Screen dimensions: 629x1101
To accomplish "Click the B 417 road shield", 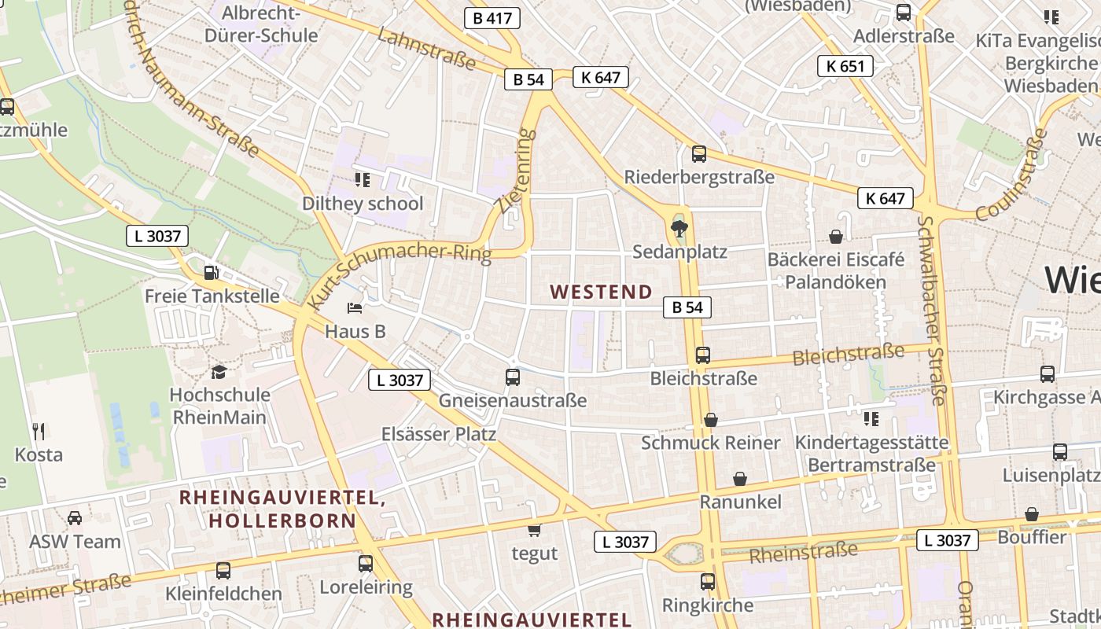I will [x=492, y=18].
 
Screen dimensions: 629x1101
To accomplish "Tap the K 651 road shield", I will [x=845, y=66].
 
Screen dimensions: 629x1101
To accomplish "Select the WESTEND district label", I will [x=602, y=292].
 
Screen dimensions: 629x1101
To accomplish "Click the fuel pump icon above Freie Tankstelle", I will [x=211, y=273].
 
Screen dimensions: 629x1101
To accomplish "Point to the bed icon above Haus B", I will [x=355, y=307].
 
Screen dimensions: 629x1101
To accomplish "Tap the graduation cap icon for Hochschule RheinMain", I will [x=219, y=371].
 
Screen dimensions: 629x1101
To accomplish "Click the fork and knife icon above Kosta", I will [x=39, y=431].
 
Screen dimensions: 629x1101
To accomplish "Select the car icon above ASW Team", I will [x=75, y=518].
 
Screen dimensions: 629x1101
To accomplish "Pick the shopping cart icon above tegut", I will [x=535, y=530].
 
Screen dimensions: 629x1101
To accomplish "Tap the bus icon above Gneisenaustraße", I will [x=513, y=377].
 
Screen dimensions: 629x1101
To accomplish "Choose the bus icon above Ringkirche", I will [x=708, y=582].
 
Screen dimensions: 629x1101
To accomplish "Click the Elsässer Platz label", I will [x=439, y=434].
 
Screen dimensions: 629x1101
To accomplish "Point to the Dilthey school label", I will [x=363, y=204].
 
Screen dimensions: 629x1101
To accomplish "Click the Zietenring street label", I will [x=516, y=171].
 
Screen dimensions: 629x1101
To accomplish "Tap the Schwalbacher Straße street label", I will [x=931, y=311].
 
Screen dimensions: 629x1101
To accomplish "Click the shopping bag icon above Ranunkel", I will [x=740, y=479].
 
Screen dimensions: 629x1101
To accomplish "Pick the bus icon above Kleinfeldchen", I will [x=223, y=571].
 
